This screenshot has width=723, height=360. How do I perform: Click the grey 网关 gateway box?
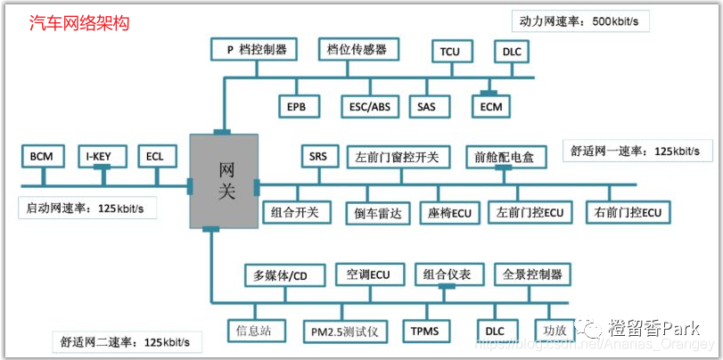pyautogui.click(x=224, y=180)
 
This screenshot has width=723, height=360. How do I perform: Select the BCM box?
pyautogui.click(x=41, y=156)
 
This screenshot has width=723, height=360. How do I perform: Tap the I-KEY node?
pyautogui.click(x=101, y=156)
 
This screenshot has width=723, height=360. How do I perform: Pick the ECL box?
pyautogui.click(x=155, y=156)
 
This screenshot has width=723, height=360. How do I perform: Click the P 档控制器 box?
pyautogui.click(x=256, y=50)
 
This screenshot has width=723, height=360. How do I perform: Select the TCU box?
pyautogui.click(x=450, y=52)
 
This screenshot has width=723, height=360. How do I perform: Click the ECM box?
pyautogui.click(x=491, y=106)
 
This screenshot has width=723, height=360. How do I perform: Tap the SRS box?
pyautogui.click(x=318, y=156)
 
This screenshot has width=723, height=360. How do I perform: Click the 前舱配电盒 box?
pyautogui.click(x=505, y=157)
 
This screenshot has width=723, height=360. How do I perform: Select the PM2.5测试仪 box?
pyautogui.click(x=343, y=331)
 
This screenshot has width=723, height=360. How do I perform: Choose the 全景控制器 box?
pyautogui.click(x=532, y=274)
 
